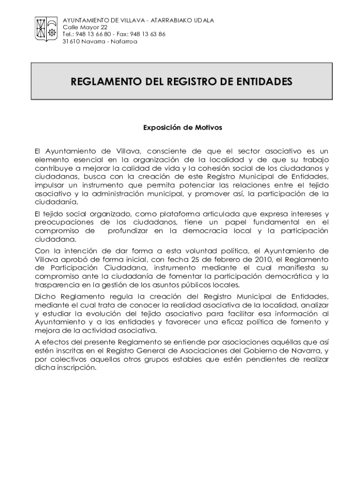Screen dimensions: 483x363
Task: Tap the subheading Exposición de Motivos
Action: (182, 127)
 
